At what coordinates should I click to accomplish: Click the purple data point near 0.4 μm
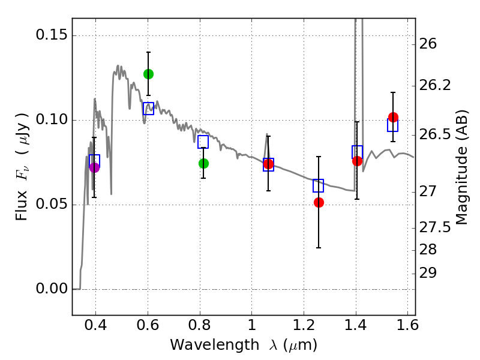tap(94, 167)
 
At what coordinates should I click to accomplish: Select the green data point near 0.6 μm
tap(148, 74)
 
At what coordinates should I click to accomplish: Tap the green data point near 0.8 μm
tap(203, 163)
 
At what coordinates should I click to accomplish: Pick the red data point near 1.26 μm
tap(319, 202)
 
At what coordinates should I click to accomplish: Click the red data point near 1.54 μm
tap(393, 117)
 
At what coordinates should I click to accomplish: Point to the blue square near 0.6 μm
tap(148, 109)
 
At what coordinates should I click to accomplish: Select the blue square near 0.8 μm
tap(203, 142)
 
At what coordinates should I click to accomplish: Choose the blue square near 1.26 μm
tap(319, 185)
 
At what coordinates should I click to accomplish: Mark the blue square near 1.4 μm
tap(358, 152)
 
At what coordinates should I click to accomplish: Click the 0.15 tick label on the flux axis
tap(51, 35)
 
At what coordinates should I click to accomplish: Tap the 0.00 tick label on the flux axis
tap(51, 289)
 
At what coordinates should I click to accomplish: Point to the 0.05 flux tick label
tap(51, 205)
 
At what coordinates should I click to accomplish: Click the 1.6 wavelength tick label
tap(407, 328)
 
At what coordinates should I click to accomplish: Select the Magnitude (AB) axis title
tap(462, 167)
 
